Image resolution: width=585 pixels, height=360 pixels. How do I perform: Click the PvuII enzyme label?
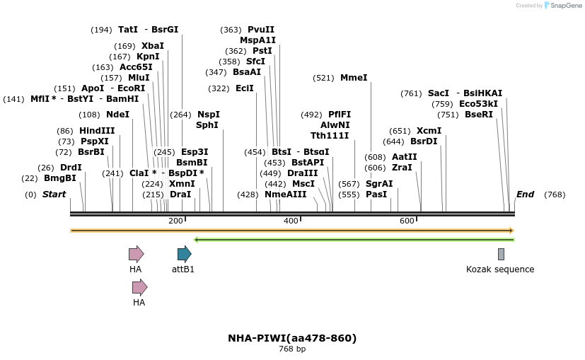[261, 30]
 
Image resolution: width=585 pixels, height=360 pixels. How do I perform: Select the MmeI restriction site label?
[354, 78]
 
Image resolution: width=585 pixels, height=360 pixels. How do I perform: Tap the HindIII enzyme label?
[97, 131]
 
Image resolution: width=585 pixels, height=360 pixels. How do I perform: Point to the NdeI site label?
[117, 115]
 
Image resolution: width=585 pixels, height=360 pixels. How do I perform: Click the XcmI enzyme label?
[429, 131]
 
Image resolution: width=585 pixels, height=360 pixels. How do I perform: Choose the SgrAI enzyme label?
[379, 184]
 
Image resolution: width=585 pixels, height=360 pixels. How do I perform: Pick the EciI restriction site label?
[245, 88]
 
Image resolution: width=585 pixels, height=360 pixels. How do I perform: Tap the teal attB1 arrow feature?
[184, 254]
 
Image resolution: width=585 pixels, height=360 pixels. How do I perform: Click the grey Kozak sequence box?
[501, 254]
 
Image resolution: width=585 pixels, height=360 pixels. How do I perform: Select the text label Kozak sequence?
[500, 269]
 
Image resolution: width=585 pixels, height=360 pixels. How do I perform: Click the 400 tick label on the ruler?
[291, 221]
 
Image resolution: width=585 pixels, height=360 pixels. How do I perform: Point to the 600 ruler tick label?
[407, 221]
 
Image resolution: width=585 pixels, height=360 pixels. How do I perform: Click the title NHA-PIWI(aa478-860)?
[292, 338]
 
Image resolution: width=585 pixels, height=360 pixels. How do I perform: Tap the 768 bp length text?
[292, 349]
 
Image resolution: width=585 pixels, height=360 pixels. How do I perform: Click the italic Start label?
[54, 194]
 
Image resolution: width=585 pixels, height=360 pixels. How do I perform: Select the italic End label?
[525, 194]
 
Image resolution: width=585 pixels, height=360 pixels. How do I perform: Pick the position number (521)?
[323, 78]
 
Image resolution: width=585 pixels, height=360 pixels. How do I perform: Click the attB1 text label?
[183, 269]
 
